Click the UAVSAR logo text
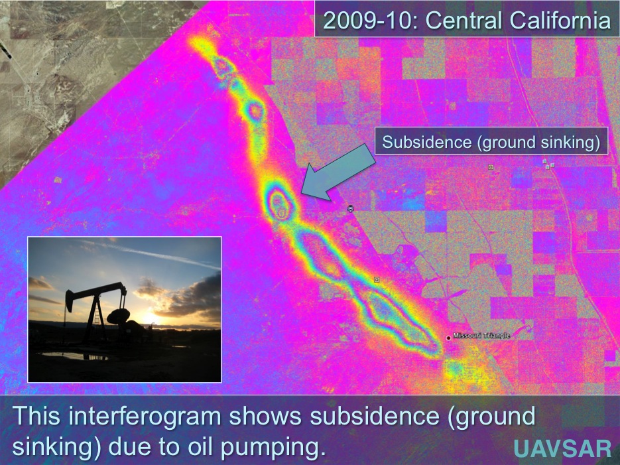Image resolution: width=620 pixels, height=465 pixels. pos(563,448)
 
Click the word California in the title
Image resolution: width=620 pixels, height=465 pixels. pos(560,20)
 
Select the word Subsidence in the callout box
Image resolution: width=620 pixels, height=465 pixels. pos(426,142)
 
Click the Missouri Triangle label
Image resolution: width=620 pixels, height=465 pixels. pos(481,335)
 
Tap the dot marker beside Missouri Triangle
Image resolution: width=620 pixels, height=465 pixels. pos(448,338)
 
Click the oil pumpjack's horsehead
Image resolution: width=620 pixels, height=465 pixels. pos(70,301)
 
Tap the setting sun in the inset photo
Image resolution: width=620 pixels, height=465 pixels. pos(149,318)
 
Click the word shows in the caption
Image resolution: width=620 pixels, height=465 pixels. pos(265,416)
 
